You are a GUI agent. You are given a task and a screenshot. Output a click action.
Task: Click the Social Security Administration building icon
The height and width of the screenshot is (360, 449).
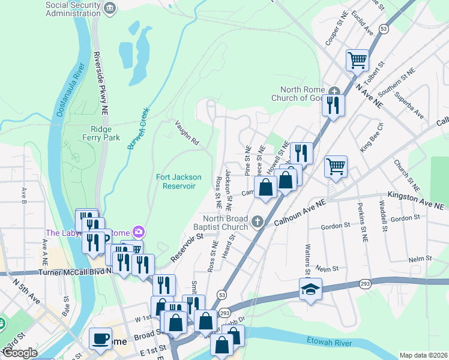tap(109, 7)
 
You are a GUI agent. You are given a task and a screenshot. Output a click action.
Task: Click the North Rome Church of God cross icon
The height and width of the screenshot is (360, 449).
tap(334, 90)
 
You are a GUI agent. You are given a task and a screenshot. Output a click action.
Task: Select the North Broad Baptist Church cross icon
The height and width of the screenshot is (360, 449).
tap(258, 222)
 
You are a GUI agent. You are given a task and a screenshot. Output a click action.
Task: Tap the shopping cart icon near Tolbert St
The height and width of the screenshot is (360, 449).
tap(357, 59)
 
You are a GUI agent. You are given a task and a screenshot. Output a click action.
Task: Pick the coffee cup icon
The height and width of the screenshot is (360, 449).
tap(100, 338)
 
